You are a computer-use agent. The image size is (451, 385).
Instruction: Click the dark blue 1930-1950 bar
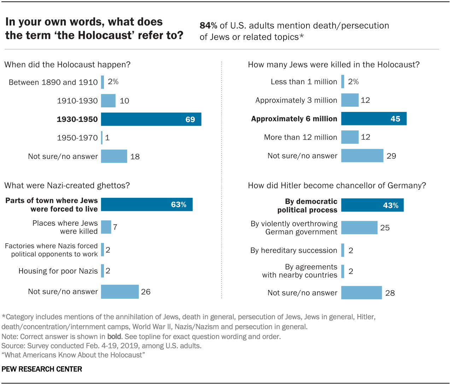pyautogui.click(x=151, y=119)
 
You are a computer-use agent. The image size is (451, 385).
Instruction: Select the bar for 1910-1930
pyautogui.click(x=108, y=101)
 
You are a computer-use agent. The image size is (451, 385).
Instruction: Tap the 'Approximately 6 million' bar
pyautogui.click(x=374, y=119)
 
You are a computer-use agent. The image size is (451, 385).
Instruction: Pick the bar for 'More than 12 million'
pyautogui.click(x=350, y=137)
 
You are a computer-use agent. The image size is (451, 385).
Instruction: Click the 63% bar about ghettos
pyautogui.click(x=147, y=205)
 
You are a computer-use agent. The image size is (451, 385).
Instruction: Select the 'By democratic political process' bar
pyautogui.click(x=372, y=205)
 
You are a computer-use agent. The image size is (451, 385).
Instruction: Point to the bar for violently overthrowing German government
pyautogui.click(x=359, y=228)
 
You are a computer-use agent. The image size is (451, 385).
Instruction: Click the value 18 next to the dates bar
pyautogui.click(x=135, y=156)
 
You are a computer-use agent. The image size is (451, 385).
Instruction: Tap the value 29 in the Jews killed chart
pyautogui.click(x=391, y=156)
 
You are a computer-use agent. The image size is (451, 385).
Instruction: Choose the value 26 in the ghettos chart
pyautogui.click(x=146, y=292)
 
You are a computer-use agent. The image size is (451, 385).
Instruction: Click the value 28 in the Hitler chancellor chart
pyautogui.click(x=390, y=293)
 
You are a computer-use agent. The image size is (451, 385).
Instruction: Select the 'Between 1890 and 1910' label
pyautogui.click(x=53, y=82)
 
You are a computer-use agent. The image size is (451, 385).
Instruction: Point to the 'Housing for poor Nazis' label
pyautogui.click(x=58, y=271)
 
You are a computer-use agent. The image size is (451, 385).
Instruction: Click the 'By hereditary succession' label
pyautogui.click(x=294, y=250)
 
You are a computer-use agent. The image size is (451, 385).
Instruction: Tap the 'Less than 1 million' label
pyautogui.click(x=304, y=82)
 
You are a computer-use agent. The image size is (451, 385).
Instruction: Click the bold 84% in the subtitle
pyautogui.click(x=208, y=26)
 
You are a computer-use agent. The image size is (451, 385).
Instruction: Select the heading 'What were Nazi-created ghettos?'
pyautogui.click(x=67, y=185)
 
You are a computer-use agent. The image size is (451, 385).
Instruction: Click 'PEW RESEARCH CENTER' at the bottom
pyautogui.click(x=42, y=369)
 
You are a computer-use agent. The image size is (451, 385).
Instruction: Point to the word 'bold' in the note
pyautogui.click(x=114, y=337)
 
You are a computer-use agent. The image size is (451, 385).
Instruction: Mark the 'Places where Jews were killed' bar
pyautogui.click(x=106, y=227)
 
